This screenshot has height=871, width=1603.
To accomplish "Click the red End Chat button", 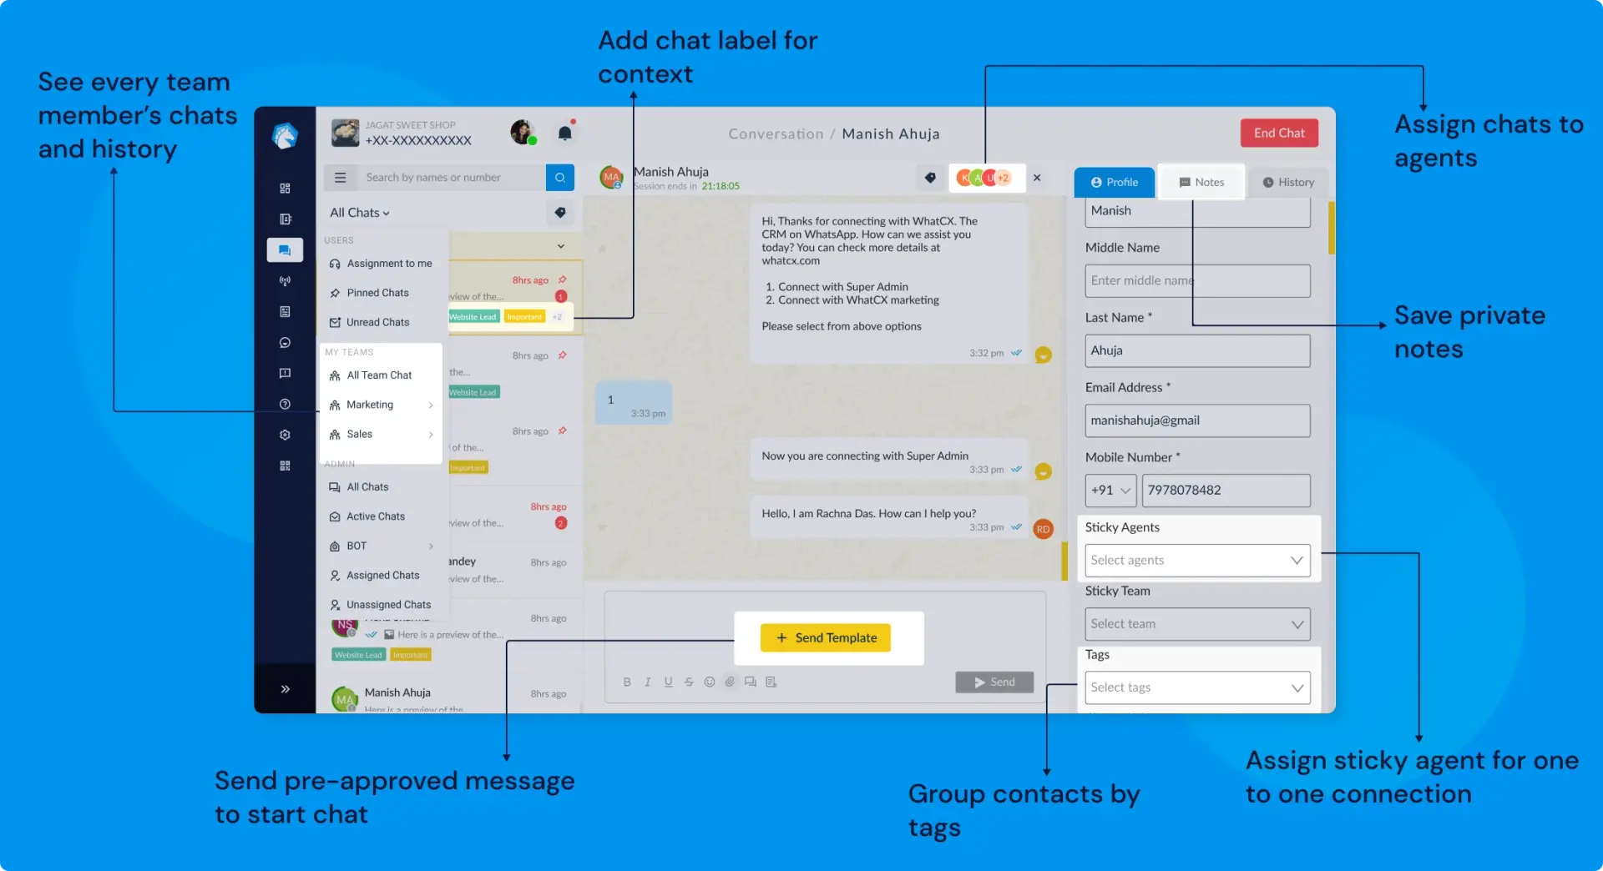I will (x=1278, y=133).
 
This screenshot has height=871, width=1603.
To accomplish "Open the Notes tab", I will (x=1201, y=182).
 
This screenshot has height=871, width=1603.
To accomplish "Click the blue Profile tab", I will (x=1115, y=182).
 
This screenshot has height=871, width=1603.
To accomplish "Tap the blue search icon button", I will (x=560, y=178).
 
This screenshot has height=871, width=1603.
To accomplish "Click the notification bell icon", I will (x=565, y=133).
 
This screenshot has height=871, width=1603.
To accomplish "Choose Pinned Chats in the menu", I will (x=377, y=293).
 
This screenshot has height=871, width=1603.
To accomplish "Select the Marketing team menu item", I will (x=370, y=405).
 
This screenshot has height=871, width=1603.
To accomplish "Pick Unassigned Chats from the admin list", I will (x=388, y=605).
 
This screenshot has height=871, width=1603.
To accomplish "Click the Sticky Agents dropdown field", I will (x=1197, y=561).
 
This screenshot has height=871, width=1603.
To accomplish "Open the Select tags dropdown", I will (x=1197, y=687).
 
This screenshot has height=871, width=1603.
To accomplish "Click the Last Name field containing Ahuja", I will (x=1197, y=351).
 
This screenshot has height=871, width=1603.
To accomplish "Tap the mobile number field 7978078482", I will (x=1225, y=491).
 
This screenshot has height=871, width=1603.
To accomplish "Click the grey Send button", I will (x=994, y=682).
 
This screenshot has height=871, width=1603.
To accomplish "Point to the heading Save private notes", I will (x=1469, y=332).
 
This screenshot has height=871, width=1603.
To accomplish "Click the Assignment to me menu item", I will (x=389, y=264).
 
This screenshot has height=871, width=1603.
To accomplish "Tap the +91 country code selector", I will (x=1110, y=491).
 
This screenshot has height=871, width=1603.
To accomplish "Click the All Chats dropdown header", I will (x=360, y=213).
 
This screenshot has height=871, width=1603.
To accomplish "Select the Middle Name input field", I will (x=1197, y=281).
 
